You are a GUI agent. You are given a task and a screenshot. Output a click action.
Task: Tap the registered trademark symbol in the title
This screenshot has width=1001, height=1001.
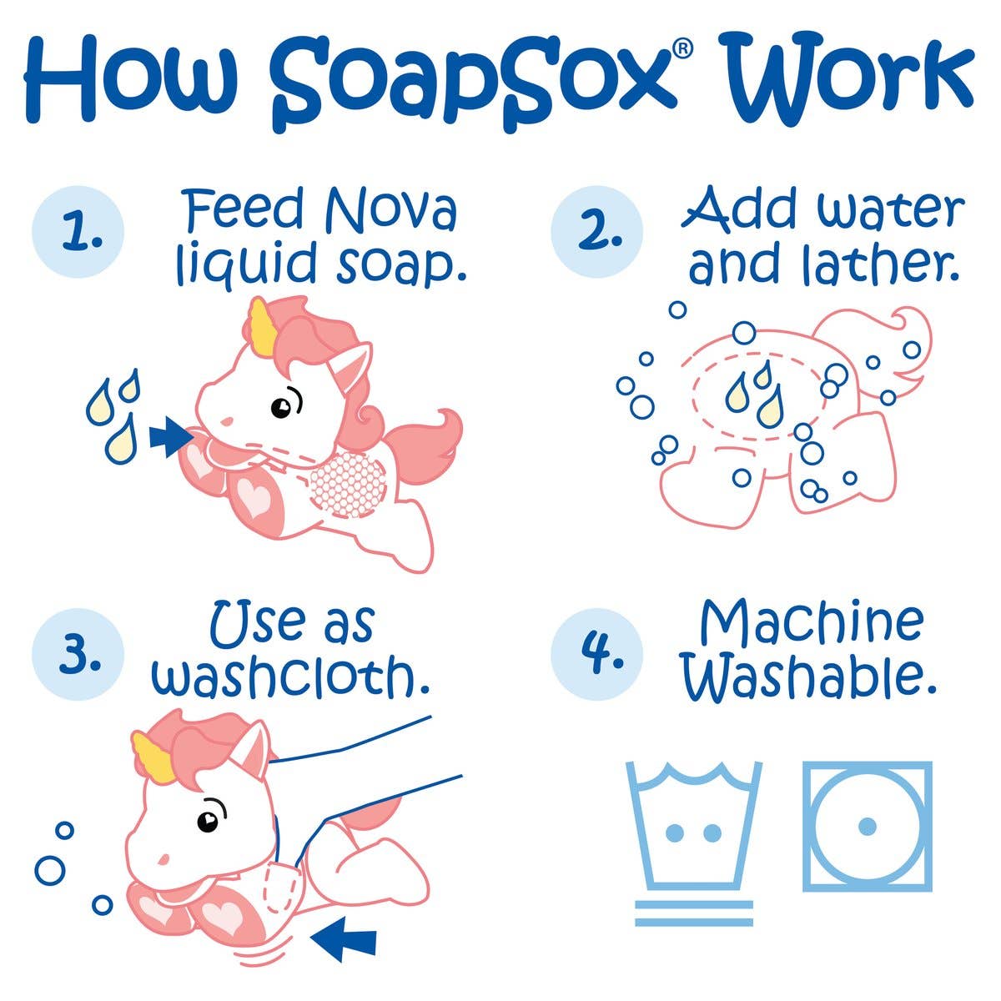[x=682, y=51]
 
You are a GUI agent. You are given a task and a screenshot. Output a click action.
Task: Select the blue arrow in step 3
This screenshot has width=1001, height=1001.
[x=342, y=942]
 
